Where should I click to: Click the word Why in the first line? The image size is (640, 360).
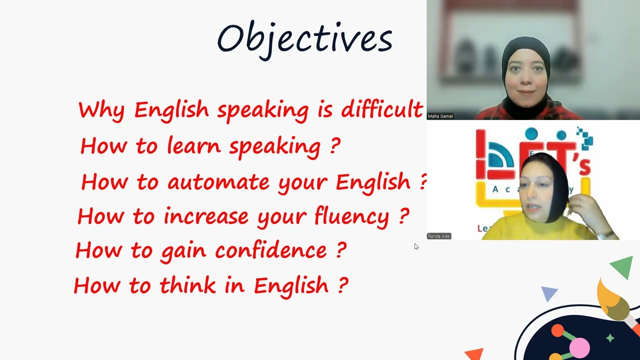click(x=101, y=110)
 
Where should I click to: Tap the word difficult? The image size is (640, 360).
click(x=382, y=109)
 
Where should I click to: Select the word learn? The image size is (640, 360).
click(x=193, y=145)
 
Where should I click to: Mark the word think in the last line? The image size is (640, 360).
click(x=188, y=285)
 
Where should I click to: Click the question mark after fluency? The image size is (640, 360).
click(x=404, y=216)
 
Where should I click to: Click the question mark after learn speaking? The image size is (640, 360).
click(x=335, y=145)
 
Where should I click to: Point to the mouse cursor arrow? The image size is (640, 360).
click(x=416, y=246)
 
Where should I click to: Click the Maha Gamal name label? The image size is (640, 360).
click(x=440, y=116)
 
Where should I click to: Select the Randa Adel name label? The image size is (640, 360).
click(x=439, y=236)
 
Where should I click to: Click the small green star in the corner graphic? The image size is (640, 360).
click(x=610, y=338)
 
